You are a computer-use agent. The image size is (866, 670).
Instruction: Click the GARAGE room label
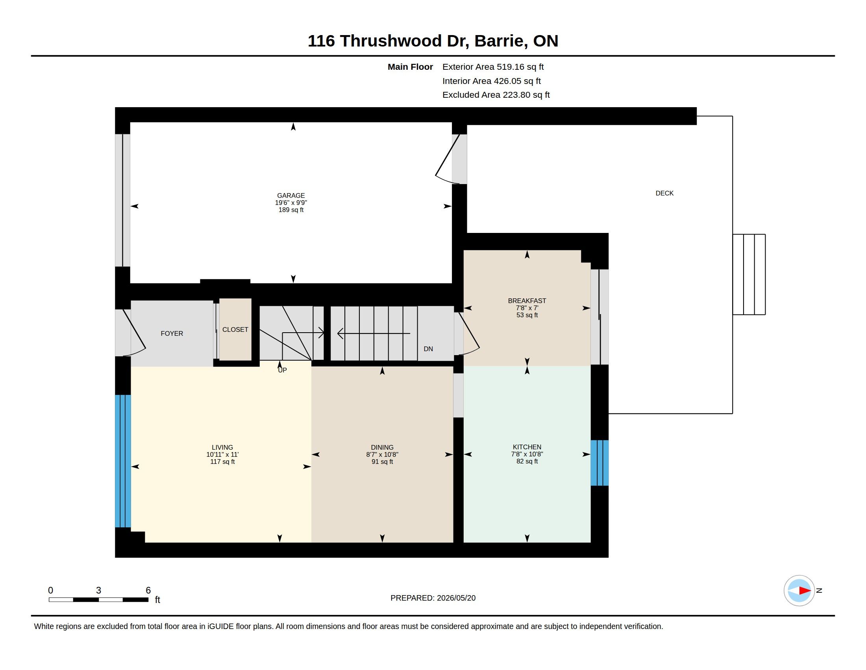(x=291, y=195)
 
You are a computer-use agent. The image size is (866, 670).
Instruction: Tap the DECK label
(x=664, y=193)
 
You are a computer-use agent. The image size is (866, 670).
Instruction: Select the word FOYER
(x=172, y=333)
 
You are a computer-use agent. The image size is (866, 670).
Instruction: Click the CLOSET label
(x=235, y=329)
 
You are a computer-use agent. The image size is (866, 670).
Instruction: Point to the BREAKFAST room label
(x=527, y=301)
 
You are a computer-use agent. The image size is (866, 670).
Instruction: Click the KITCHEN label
(x=527, y=447)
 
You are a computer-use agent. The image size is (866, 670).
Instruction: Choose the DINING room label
(x=382, y=447)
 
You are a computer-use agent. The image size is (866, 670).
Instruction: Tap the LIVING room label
(x=222, y=447)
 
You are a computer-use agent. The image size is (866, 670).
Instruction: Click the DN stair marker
(x=428, y=349)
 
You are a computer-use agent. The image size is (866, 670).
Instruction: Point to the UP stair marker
(x=282, y=370)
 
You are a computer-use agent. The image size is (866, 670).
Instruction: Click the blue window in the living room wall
(x=123, y=461)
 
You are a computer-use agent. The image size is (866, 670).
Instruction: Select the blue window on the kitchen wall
(x=600, y=463)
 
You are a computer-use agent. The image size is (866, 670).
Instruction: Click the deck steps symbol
(x=749, y=275)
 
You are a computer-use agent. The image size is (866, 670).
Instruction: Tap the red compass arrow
(x=805, y=591)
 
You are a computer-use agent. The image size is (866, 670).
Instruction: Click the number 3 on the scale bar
(x=98, y=590)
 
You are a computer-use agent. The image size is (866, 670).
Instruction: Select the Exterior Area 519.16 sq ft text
(x=493, y=67)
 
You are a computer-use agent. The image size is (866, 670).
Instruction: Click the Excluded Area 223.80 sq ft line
(x=496, y=95)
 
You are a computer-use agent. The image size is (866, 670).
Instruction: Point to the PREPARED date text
(x=433, y=598)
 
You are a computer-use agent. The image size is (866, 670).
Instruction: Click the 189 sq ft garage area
(x=291, y=210)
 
